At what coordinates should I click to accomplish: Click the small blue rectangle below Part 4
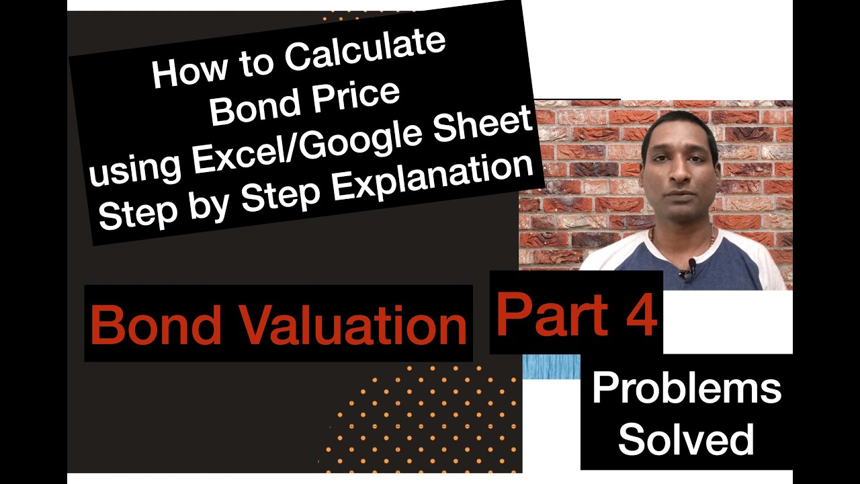[551, 366]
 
